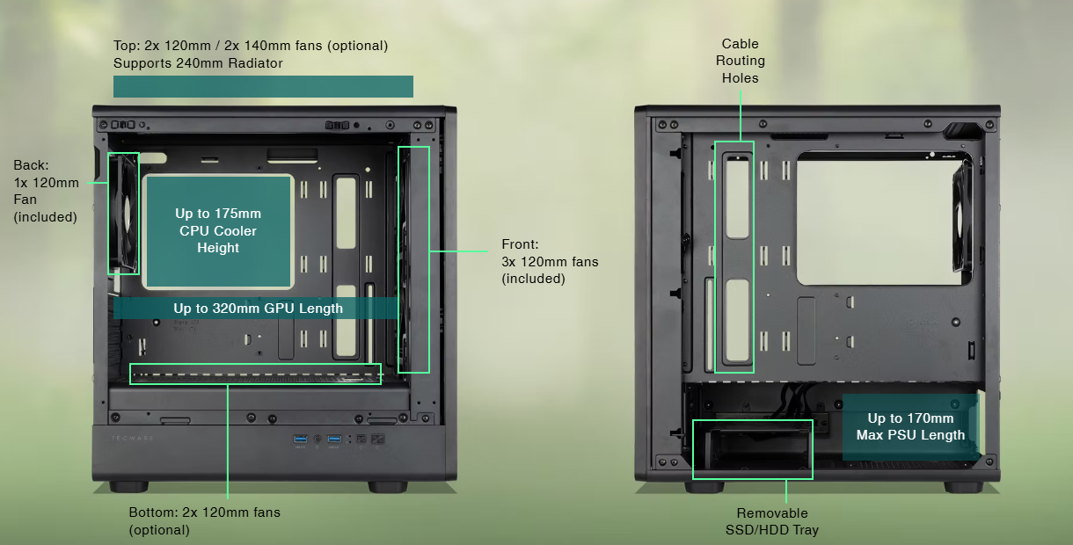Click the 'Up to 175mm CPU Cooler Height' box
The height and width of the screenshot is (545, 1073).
tap(218, 231)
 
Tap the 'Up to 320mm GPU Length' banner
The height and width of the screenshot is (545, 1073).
tap(258, 309)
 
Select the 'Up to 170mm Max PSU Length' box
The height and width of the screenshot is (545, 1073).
tap(910, 426)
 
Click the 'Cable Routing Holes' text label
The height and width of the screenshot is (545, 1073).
tap(740, 61)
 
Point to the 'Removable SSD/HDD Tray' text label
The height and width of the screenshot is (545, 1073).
tap(772, 521)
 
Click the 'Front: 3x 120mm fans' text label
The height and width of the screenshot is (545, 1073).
tap(550, 261)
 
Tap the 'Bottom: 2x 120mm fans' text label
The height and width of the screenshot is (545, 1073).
tap(204, 520)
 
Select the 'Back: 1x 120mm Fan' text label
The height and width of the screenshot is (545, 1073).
tap(46, 191)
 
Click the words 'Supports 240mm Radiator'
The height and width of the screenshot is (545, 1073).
tap(198, 63)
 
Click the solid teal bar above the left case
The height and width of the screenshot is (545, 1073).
tap(263, 86)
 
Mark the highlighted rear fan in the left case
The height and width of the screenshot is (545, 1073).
tap(123, 214)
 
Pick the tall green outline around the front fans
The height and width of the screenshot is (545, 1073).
tap(413, 259)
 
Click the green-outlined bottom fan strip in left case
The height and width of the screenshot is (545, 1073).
tap(255, 374)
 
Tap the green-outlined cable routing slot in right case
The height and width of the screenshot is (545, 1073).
tap(734, 257)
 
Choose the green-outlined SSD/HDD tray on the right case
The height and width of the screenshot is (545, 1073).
tap(752, 449)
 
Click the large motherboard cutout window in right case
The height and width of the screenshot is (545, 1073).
tap(884, 220)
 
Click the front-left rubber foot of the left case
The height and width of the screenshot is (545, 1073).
tap(129, 486)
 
